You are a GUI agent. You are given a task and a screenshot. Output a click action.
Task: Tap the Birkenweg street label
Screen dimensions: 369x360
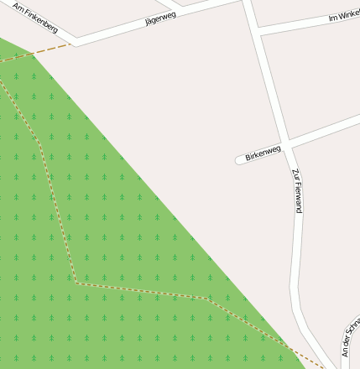263,153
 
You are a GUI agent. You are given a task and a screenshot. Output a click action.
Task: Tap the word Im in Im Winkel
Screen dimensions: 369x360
332,17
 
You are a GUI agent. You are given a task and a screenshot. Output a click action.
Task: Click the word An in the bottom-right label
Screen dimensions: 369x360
345,351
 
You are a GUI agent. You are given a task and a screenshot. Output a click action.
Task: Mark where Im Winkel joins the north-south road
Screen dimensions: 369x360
257,29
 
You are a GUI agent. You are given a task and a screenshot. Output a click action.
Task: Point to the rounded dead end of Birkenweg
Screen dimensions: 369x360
240,159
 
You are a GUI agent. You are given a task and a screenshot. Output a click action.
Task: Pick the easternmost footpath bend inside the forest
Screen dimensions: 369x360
206,298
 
